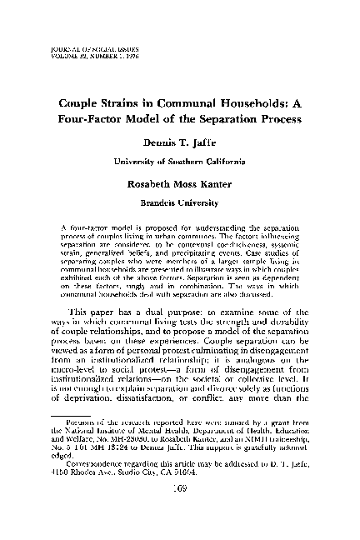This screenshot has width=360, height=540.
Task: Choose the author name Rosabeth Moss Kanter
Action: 180,184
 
